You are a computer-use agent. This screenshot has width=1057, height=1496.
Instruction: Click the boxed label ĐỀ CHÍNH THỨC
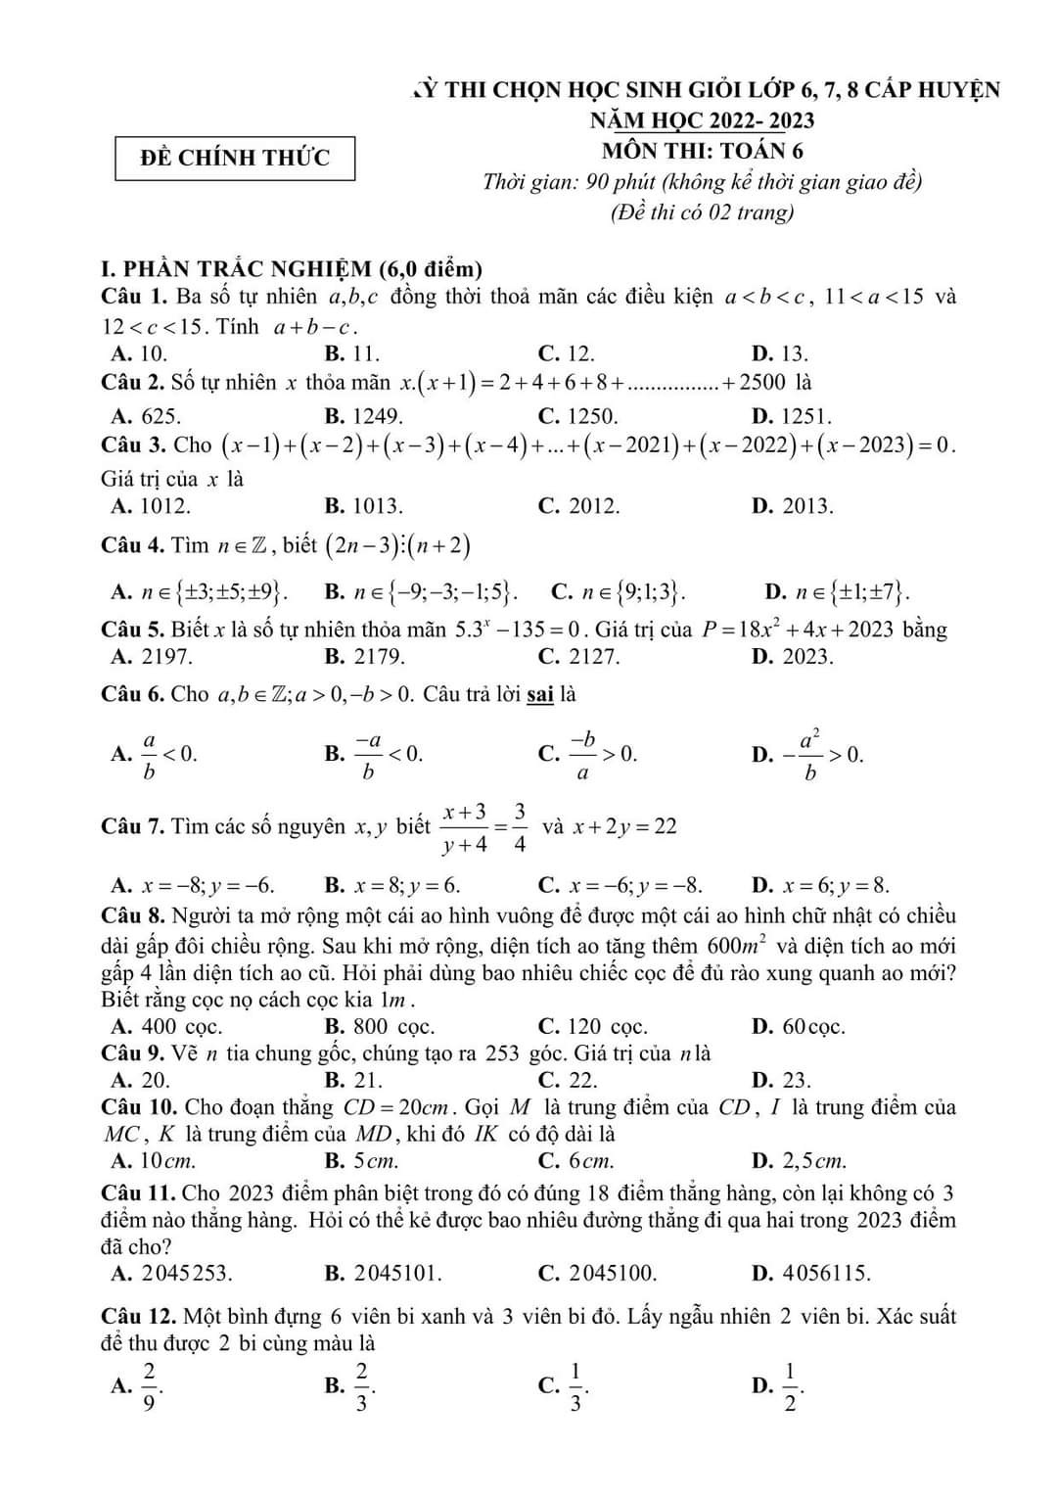[x=235, y=159]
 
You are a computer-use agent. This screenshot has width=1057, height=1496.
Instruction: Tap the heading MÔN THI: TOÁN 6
[x=703, y=151]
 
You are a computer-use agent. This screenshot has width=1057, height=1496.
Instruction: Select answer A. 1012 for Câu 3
[x=152, y=506]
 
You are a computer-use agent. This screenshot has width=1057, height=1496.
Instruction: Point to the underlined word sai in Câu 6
[x=540, y=694]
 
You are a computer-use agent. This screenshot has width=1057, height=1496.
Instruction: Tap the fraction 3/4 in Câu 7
[x=519, y=827]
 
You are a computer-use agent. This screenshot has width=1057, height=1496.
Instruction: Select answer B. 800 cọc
[x=380, y=1027]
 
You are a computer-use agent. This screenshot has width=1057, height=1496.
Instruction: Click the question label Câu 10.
[x=139, y=1107]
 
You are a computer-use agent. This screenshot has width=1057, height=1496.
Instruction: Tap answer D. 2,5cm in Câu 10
[x=799, y=1161]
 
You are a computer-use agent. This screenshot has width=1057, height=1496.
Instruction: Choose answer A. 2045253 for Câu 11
[x=172, y=1274]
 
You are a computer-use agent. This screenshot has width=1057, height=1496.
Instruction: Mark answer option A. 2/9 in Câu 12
[x=138, y=1386]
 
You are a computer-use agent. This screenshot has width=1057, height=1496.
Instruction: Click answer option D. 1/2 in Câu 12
[x=778, y=1386]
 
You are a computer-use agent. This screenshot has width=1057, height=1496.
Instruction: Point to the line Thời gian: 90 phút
[x=702, y=182]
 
